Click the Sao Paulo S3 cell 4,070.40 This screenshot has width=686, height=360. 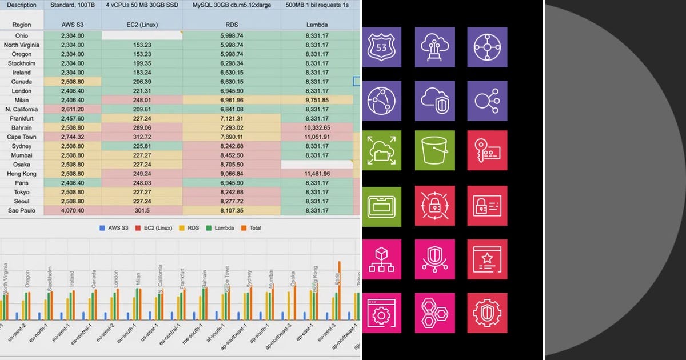72,210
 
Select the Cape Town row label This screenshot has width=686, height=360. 22,137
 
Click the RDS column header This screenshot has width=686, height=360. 231,25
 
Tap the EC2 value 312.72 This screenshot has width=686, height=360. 142,137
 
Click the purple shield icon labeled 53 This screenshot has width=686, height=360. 382,47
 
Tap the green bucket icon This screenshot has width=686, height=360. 435,150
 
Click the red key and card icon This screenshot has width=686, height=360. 487,150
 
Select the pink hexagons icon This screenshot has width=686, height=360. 435,313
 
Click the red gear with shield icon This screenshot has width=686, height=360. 487,313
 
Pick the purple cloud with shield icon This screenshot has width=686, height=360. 435,101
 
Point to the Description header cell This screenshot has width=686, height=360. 22,5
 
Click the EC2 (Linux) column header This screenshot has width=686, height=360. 142,25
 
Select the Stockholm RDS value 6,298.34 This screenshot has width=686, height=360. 231,64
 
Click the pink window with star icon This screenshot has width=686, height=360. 487,259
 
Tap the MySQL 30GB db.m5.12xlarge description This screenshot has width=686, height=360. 231,5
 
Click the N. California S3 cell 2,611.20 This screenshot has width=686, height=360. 72,110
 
